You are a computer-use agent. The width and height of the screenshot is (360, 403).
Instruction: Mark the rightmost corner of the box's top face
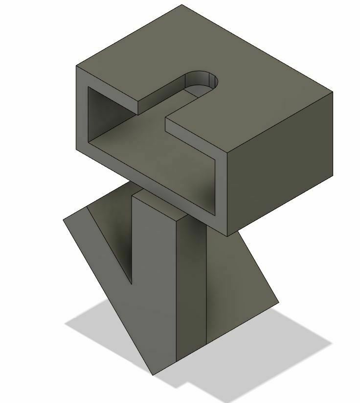point(333,92)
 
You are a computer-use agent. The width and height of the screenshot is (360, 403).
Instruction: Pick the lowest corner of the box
point(228,236)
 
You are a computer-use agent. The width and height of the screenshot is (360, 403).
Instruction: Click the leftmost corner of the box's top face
point(77,66)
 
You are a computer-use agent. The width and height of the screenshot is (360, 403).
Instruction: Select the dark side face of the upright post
point(191,284)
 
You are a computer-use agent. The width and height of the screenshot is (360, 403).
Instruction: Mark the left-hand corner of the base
point(64,220)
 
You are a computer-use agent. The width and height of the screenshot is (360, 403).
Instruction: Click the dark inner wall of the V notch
point(117,230)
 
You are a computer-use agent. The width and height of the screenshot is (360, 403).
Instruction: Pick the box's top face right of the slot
point(254,98)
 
